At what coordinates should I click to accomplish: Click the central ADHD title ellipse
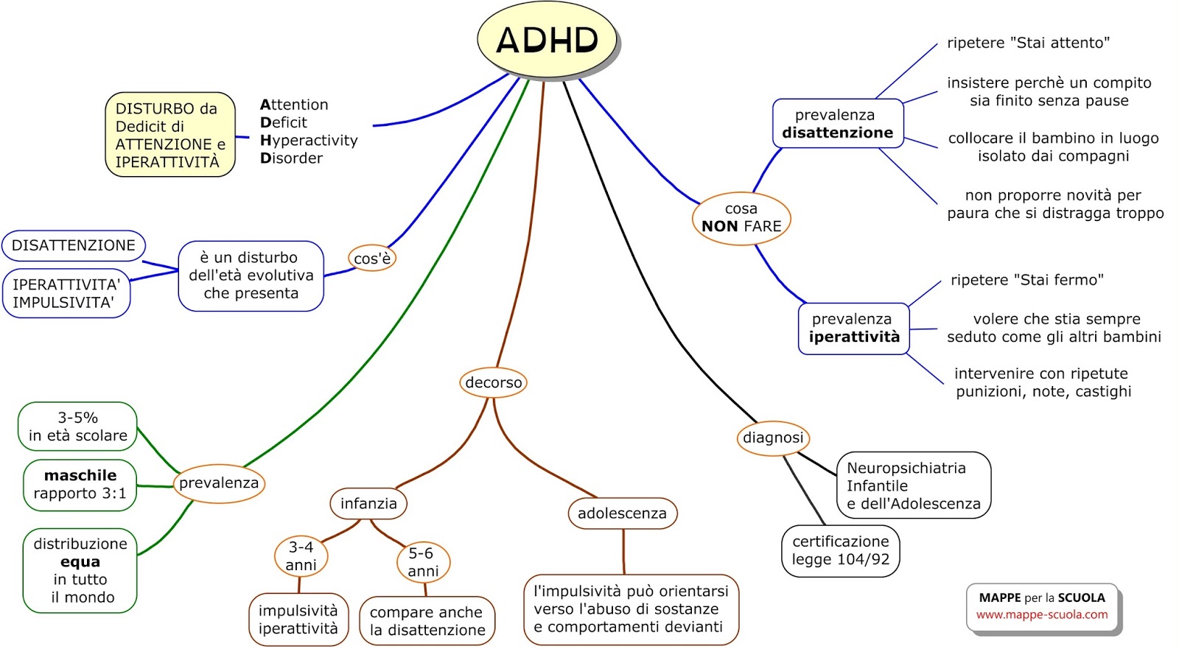pyautogui.click(x=547, y=40)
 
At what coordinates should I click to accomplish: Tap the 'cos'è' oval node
pyautogui.click(x=372, y=259)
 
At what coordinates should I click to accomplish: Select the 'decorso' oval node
pyautogui.click(x=493, y=382)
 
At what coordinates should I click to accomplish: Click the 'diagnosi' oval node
pyautogui.click(x=773, y=438)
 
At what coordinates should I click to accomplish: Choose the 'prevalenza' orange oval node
pyautogui.click(x=219, y=483)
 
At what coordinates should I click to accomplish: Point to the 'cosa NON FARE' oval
pyautogui.click(x=741, y=218)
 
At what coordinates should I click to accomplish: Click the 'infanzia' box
pyautogui.click(x=368, y=504)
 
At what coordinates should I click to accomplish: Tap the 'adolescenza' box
pyautogui.click(x=622, y=513)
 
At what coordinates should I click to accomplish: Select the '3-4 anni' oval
pyautogui.click(x=301, y=556)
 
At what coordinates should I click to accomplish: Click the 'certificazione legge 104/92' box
pyautogui.click(x=841, y=550)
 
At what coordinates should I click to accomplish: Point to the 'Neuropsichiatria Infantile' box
pyautogui.click(x=913, y=485)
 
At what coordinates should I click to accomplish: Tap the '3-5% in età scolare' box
pyautogui.click(x=77, y=427)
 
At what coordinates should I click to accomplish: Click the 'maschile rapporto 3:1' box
pyautogui.click(x=80, y=485)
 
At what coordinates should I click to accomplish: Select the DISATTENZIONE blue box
pyautogui.click(x=74, y=245)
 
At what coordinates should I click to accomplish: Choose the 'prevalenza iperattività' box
pyautogui.click(x=854, y=329)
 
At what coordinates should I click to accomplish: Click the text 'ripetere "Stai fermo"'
pyautogui.click(x=1026, y=280)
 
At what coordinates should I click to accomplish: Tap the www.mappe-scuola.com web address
pyautogui.click(x=1042, y=614)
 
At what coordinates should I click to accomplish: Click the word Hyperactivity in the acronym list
pyautogui.click(x=309, y=140)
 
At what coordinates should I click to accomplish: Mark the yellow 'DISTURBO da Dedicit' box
pyautogui.click(x=169, y=135)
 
